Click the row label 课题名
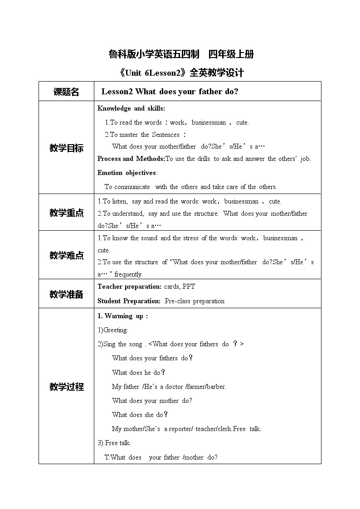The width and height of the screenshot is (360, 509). click(x=66, y=92)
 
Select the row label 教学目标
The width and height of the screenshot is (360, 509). click(x=66, y=148)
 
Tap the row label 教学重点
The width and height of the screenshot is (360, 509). click(x=66, y=213)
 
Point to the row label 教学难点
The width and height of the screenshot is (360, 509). click(x=66, y=255)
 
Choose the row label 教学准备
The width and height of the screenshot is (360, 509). click(x=66, y=294)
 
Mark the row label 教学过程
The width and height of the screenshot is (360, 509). click(x=66, y=387)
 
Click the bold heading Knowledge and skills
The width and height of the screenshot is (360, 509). click(x=131, y=108)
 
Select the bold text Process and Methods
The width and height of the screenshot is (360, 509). click(x=131, y=159)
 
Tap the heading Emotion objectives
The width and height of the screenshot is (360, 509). click(x=127, y=173)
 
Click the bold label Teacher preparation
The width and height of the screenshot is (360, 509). click(x=129, y=286)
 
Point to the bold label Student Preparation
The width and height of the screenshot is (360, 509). click(x=129, y=301)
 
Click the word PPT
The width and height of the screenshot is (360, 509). click(x=189, y=286)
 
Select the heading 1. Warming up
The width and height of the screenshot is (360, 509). click(x=122, y=316)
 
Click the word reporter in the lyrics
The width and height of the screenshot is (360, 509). click(x=181, y=429)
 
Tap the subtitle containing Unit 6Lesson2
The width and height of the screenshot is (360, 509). click(x=180, y=73)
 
